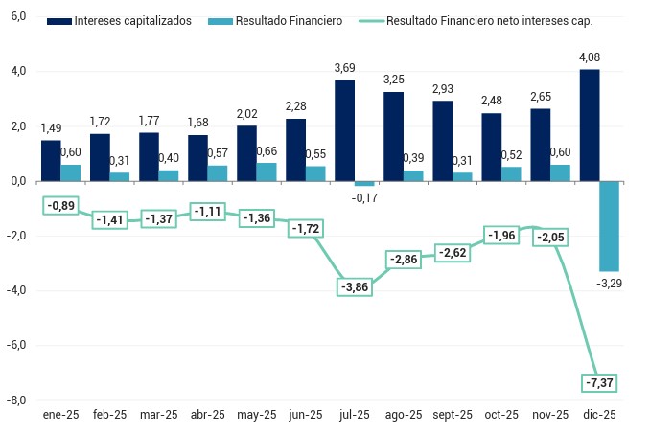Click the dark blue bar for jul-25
[345, 130]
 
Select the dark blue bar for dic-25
[589, 125]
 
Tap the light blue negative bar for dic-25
[609, 226]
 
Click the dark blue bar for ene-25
[51, 160]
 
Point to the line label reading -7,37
[598, 382]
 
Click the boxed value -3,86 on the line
[354, 286]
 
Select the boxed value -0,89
[61, 205]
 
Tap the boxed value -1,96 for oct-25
[500, 235]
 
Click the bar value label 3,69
[345, 67]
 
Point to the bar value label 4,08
[589, 57]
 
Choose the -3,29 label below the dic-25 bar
[610, 284]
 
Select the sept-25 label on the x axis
[453, 415]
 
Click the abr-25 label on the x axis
[207, 415]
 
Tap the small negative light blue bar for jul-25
[364, 183]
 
